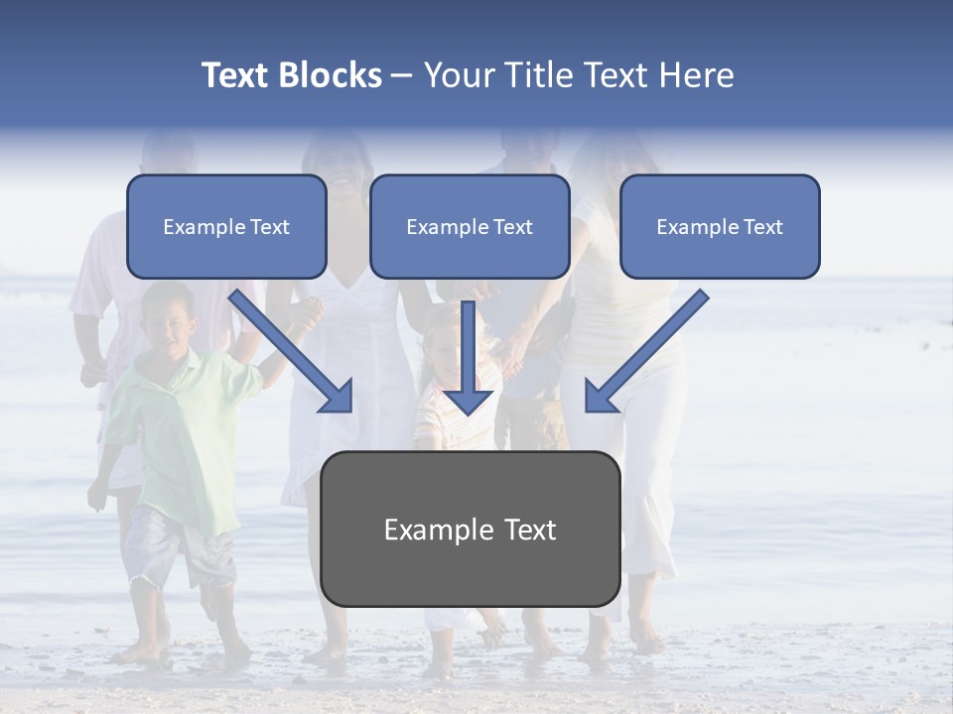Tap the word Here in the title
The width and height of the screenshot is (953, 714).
tap(694, 75)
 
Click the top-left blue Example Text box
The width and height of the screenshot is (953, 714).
tap(226, 227)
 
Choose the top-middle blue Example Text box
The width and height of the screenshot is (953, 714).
tap(470, 227)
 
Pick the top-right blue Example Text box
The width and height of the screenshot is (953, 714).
tap(720, 227)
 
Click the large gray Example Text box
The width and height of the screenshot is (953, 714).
tap(470, 529)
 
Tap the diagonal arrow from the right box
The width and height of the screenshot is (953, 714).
tap(645, 351)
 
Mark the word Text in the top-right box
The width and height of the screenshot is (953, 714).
tap(762, 227)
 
